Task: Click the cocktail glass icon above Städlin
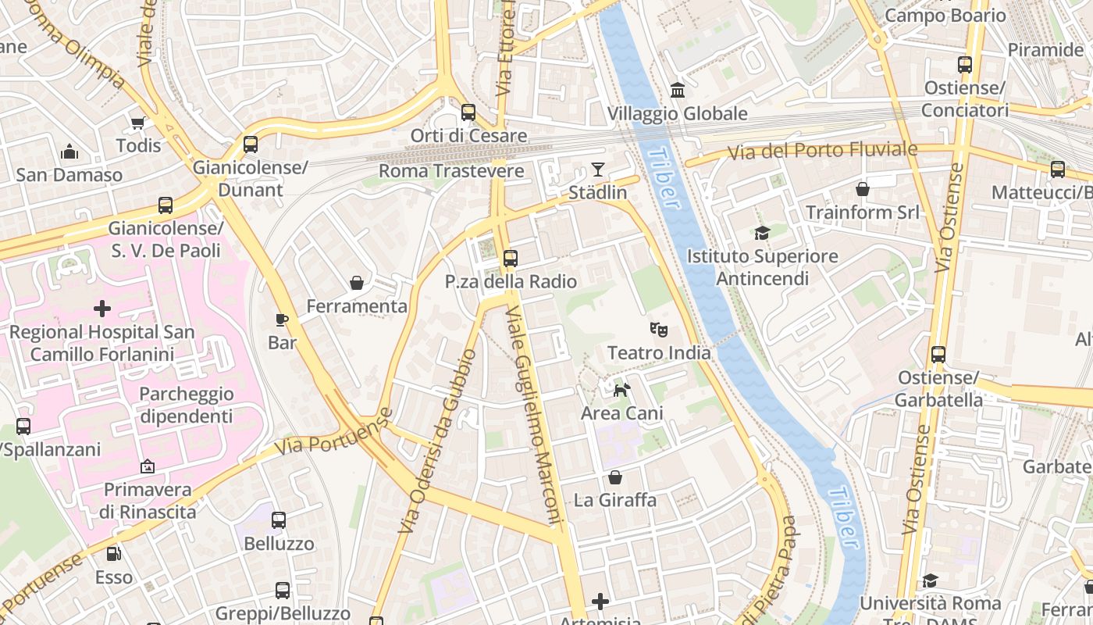pos(598,169)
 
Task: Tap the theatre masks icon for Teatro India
pos(659,330)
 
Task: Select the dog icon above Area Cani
pos(621,390)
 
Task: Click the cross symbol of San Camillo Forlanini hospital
pos(102,309)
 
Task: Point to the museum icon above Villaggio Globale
pos(678,91)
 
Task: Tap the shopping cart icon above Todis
pos(138,123)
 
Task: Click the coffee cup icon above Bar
pos(282,320)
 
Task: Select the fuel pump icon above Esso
pos(114,554)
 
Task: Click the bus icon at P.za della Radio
pos(511,258)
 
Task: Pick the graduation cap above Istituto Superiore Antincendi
pos(762,233)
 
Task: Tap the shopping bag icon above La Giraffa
pos(615,477)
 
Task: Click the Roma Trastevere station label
pos(451,170)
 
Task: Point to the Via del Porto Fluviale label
pos(823,150)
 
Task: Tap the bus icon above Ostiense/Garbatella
pos(938,355)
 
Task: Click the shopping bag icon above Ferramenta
pos(357,283)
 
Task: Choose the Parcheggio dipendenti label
pos(187,405)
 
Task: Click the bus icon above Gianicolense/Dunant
pos(251,144)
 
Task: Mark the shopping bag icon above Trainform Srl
pos(863,189)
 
